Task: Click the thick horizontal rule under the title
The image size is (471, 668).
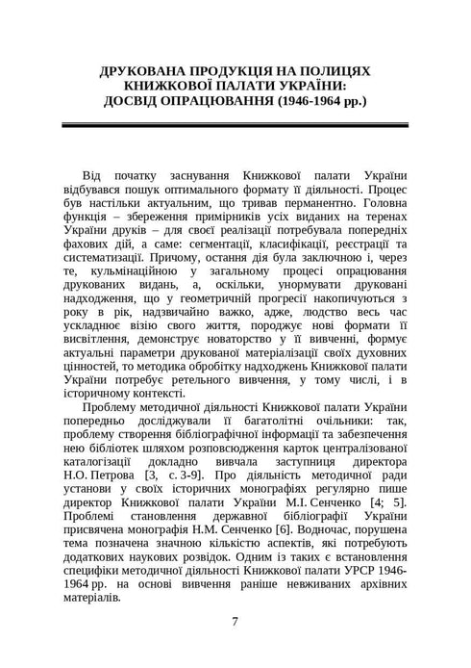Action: (x=235, y=127)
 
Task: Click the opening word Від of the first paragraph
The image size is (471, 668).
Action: (x=92, y=176)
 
